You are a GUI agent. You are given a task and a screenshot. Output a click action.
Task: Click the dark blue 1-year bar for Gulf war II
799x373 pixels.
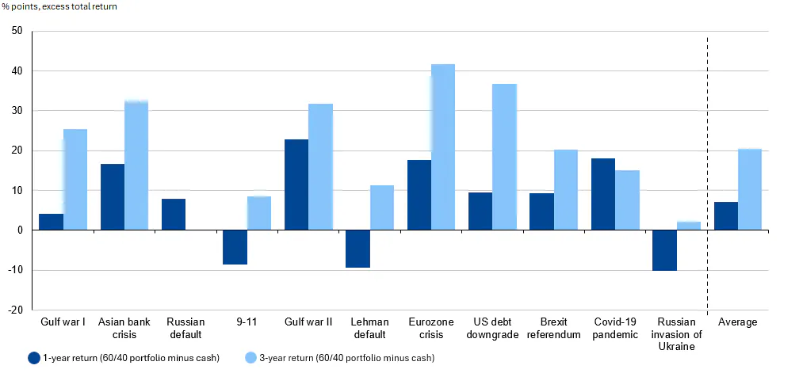296,185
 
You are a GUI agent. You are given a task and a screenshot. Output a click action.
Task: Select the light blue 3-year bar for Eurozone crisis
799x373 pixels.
443,147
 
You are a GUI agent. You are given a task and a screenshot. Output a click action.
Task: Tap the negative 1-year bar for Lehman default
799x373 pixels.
357,249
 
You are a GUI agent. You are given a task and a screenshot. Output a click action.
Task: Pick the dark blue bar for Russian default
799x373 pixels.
174,214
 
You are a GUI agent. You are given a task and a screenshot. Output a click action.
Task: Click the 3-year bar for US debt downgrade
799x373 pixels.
504,157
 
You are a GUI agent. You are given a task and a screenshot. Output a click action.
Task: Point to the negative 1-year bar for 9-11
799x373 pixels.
235,247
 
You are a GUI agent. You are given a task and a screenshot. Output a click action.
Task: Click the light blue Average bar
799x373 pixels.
750,189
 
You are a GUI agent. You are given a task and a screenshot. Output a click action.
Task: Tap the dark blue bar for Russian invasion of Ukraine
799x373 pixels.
664,250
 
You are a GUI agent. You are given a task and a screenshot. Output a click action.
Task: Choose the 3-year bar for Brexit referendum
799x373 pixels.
566,189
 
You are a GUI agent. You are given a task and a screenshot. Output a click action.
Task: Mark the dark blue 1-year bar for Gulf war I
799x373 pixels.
51,222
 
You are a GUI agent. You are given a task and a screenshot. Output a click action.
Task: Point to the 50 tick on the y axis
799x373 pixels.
17,31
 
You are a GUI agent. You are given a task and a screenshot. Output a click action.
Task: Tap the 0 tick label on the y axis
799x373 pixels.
20,230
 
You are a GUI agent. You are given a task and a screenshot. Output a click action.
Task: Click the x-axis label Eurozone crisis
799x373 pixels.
431,328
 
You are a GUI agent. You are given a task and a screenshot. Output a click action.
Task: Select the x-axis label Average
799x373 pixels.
737,322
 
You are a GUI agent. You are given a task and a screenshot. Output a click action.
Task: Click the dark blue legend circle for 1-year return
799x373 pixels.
33,358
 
